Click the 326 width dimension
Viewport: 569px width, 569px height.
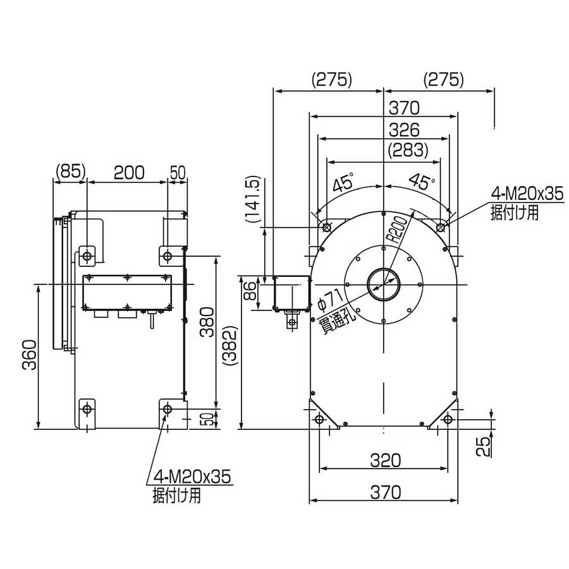coord(404,130)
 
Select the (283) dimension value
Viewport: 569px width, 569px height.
coord(408,150)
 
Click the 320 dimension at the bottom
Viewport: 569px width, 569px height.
coord(386,460)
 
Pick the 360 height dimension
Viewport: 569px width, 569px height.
coord(29,355)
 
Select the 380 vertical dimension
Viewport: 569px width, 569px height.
coord(207,322)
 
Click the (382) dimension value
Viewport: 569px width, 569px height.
coord(230,346)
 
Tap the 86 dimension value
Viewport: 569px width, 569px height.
coord(250,291)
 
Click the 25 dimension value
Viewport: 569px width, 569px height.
coord(483,446)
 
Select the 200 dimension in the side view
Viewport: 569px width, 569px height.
coord(129,173)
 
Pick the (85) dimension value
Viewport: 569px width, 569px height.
coord(70,171)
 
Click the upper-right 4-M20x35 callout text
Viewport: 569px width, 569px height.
coord(527,194)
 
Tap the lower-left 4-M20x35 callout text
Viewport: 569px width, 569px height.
coord(193,477)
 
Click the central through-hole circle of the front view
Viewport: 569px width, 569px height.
coord(384,284)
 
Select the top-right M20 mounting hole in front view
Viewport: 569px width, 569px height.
coord(441,228)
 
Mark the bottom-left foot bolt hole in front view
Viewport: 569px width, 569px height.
coord(319,419)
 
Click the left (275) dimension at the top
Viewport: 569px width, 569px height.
coord(332,79)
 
